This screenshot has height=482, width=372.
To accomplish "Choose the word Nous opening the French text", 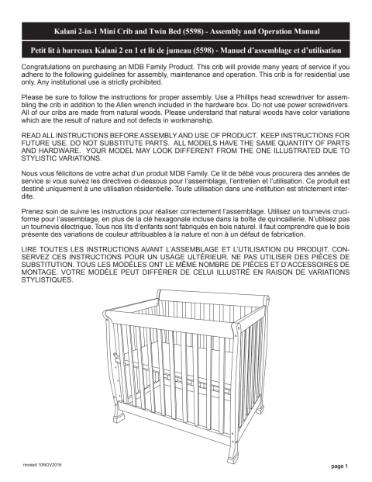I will coord(32,170).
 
